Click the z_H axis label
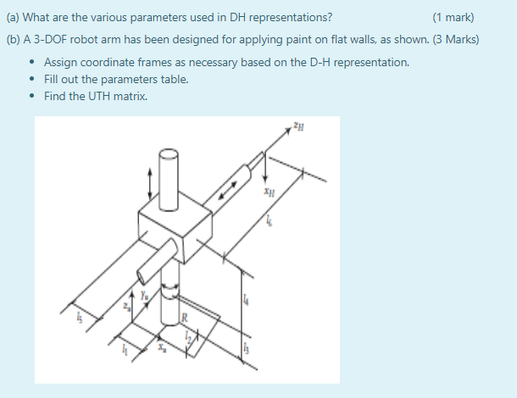[x=297, y=128]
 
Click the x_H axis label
[x=269, y=193]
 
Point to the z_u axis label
[x=127, y=305]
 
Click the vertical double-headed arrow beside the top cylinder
[x=151, y=180]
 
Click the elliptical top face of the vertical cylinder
[x=170, y=154]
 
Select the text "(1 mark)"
[x=453, y=17]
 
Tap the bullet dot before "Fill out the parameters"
[x=31, y=79]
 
